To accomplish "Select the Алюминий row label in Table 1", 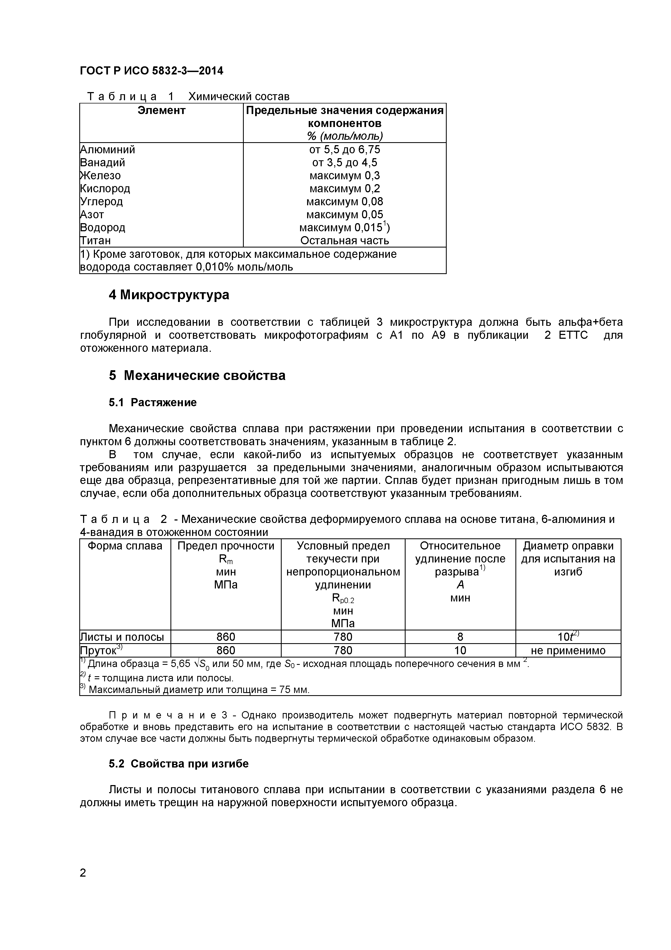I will click(107, 149).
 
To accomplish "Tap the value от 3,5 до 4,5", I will click(344, 162).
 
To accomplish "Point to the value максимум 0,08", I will click(344, 201).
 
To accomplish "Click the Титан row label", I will click(96, 240).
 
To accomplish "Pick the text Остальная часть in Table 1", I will click(344, 240).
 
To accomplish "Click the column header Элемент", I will click(161, 110).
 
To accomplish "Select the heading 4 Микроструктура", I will click(169, 295).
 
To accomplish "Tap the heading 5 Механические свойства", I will click(197, 375).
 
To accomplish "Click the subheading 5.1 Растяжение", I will click(153, 403).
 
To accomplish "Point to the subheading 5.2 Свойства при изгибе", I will click(179, 763).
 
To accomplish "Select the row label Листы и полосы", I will click(122, 637).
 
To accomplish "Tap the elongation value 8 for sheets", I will click(460, 637).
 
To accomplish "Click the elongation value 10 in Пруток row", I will click(460, 650).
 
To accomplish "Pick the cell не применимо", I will click(568, 650).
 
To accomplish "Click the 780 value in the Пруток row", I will click(343, 650).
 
